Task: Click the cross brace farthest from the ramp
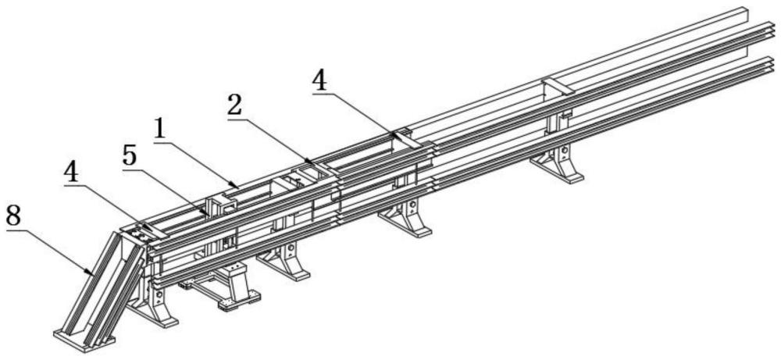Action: pos(559,85)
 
